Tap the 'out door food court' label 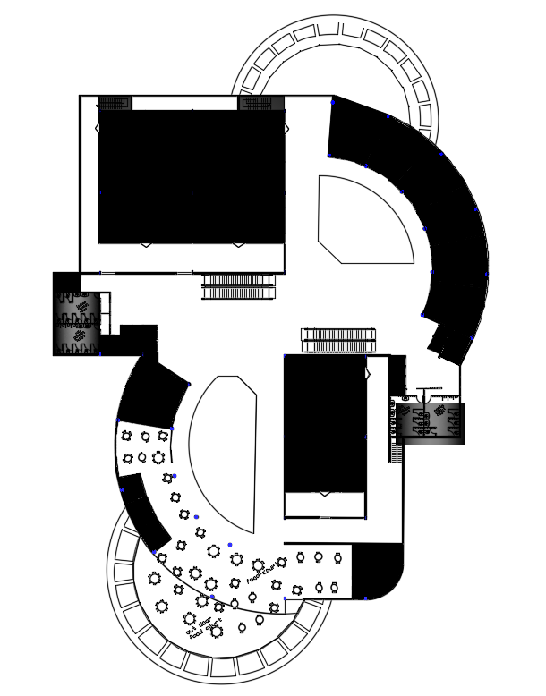coord(203,628)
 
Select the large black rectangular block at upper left coord(191,175)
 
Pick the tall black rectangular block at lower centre coord(324,420)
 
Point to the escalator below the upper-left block coord(238,287)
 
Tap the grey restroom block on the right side coord(430,422)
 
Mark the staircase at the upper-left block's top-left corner coord(115,103)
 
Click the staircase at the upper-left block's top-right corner coord(260,103)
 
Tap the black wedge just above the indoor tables coord(152,394)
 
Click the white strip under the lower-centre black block coord(324,505)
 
